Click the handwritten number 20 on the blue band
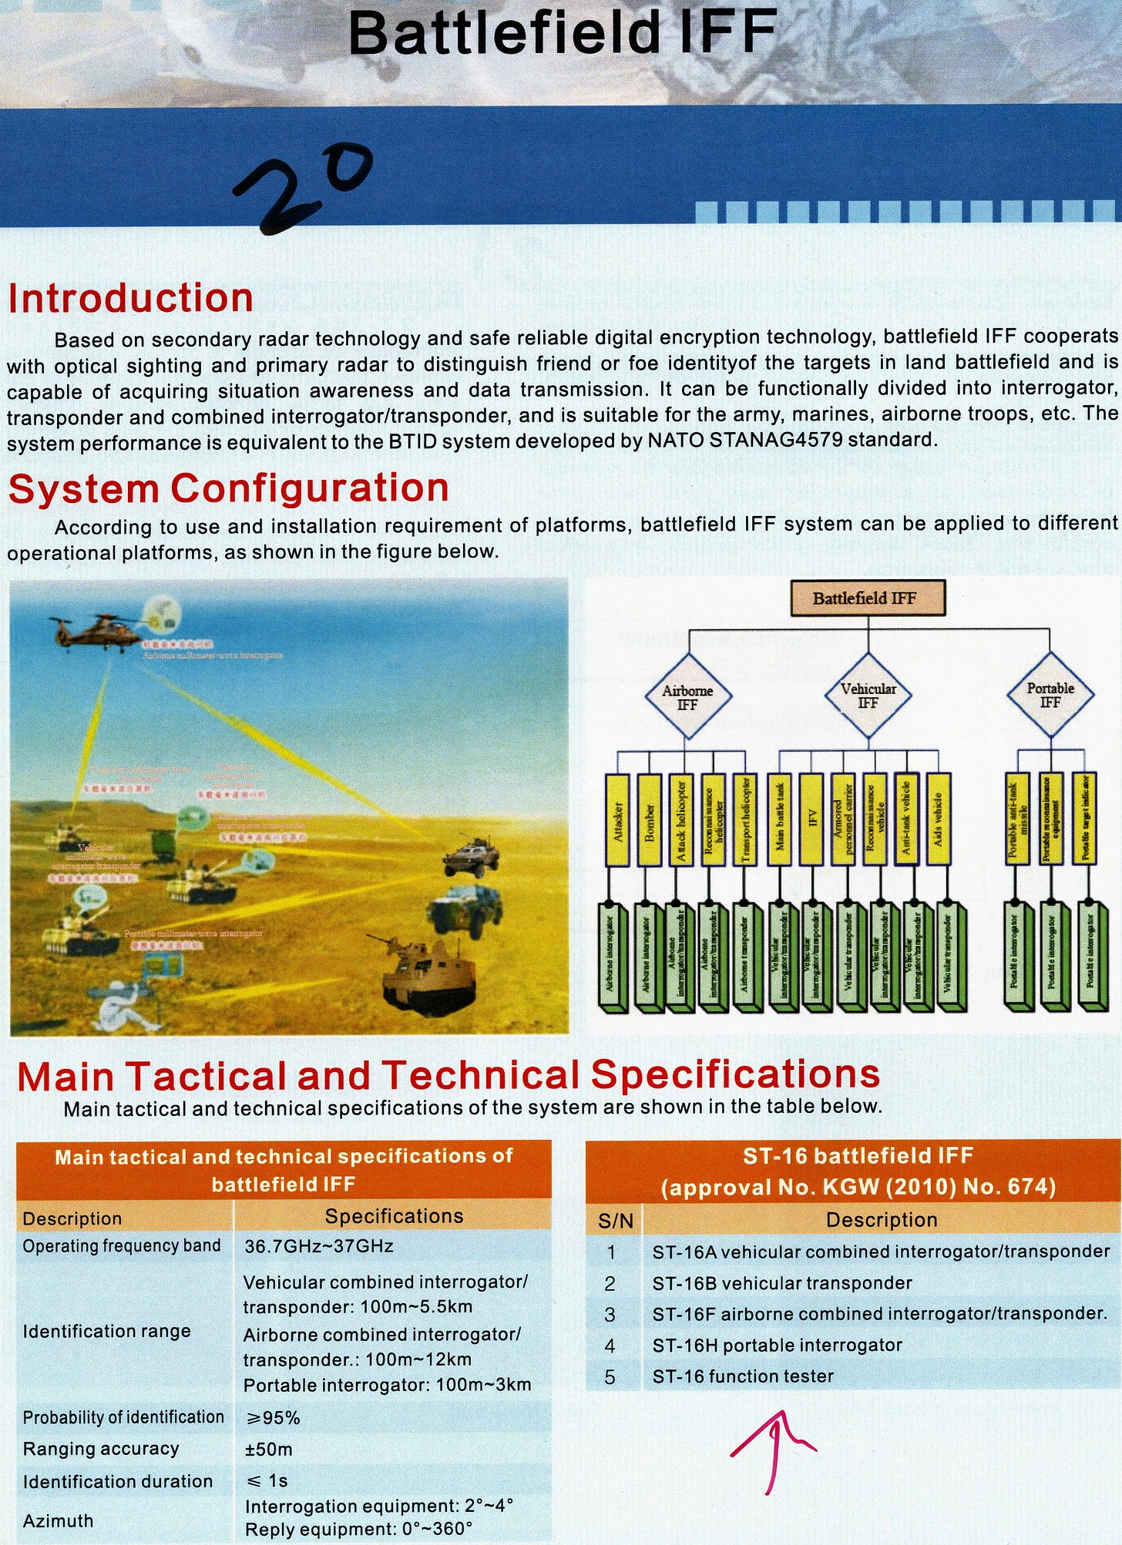click(304, 185)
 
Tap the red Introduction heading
click(131, 298)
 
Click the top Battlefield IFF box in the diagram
click(868, 598)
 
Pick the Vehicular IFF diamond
click(868, 695)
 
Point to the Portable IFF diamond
click(1050, 695)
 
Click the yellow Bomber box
click(650, 819)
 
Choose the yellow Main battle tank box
click(780, 819)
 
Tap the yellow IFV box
click(811, 819)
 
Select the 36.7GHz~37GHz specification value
click(318, 1245)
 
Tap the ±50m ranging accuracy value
click(268, 1449)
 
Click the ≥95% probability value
click(272, 1417)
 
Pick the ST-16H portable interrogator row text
click(777, 1345)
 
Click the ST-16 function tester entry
click(743, 1376)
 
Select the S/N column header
click(615, 1220)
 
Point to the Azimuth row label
click(58, 1520)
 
